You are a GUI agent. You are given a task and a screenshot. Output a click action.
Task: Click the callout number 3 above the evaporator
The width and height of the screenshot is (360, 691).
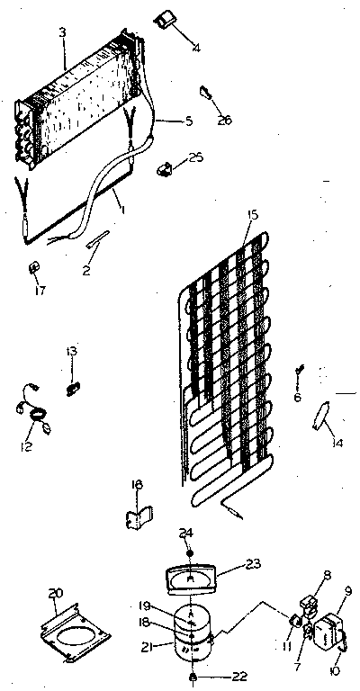pos(64,32)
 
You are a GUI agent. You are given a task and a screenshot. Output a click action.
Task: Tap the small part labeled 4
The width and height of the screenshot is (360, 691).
pos(164,21)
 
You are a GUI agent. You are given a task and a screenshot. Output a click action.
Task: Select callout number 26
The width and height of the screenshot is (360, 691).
pos(225,120)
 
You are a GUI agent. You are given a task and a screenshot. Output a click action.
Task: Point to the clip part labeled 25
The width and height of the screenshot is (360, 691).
pos(165,169)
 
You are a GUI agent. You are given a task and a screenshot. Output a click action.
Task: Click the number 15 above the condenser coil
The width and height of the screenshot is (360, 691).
pos(253,217)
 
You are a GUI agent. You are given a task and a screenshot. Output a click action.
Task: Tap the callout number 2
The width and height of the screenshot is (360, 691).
pos(86,271)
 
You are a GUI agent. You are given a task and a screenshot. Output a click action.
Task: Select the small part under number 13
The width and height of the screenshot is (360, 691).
pos(73,389)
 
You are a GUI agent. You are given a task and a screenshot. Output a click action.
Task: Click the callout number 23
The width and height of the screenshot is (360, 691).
pos(253,563)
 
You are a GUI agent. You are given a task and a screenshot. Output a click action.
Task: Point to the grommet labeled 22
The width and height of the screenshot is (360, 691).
pos(193,677)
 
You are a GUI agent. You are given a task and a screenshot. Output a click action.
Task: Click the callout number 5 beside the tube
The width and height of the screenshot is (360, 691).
pos(189,121)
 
